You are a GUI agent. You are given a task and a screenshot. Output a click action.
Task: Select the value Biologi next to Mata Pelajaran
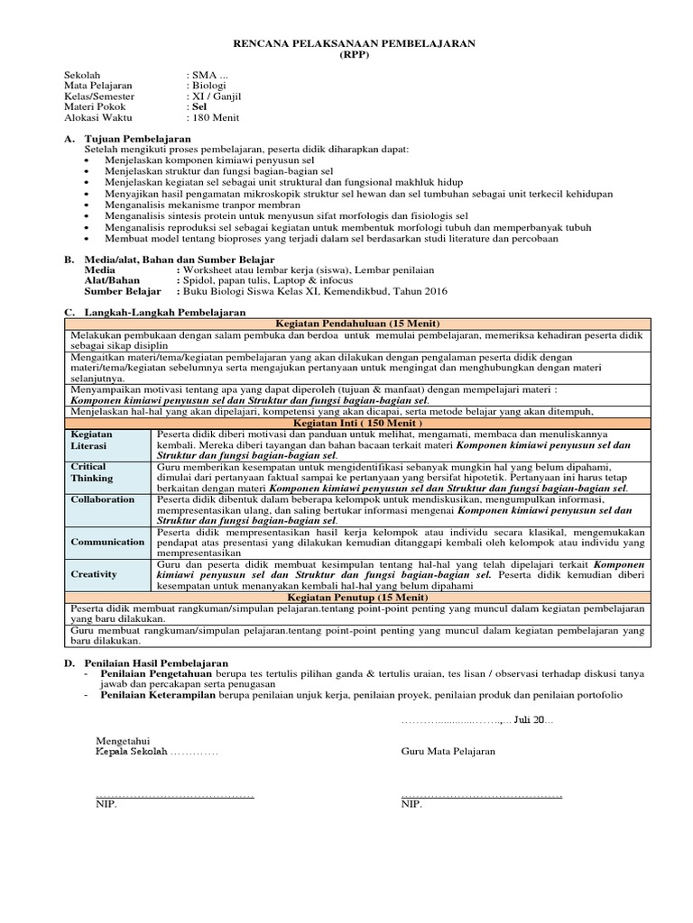pyautogui.click(x=208, y=85)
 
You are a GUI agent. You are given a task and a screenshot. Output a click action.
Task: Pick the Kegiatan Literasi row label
pyautogui.click(x=92, y=440)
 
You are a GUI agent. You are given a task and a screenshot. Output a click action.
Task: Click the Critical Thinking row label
pyautogui.click(x=92, y=472)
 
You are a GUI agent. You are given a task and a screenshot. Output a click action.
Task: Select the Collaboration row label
pyautogui.click(x=103, y=499)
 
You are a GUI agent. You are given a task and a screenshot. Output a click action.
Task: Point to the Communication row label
pyautogui.click(x=107, y=542)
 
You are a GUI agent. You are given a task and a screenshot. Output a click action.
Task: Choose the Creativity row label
pyautogui.click(x=94, y=573)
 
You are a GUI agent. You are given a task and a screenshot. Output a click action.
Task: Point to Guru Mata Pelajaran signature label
pyautogui.click(x=448, y=752)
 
